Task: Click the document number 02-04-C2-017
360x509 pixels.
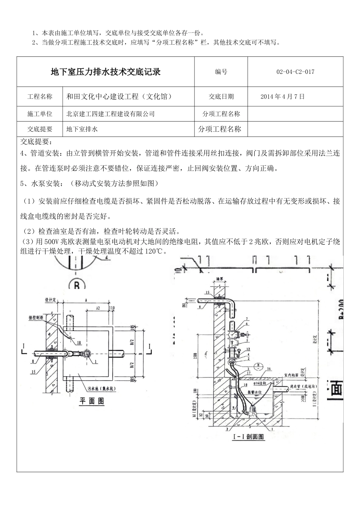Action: click(x=295, y=72)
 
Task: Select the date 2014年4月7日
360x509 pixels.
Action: click(x=282, y=97)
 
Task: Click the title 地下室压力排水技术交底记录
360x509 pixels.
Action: click(x=106, y=72)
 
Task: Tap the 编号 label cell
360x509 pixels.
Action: click(x=221, y=72)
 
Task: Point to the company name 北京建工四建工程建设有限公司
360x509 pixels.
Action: click(x=111, y=114)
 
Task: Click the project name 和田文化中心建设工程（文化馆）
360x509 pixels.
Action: click(x=119, y=97)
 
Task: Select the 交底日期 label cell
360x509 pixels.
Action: click(x=221, y=97)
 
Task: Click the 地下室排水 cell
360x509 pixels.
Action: click(x=82, y=129)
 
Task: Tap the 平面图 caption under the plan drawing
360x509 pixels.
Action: click(x=91, y=401)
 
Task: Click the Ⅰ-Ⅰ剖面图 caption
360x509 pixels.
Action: click(x=247, y=437)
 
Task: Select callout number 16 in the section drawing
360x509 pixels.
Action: click(x=269, y=368)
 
